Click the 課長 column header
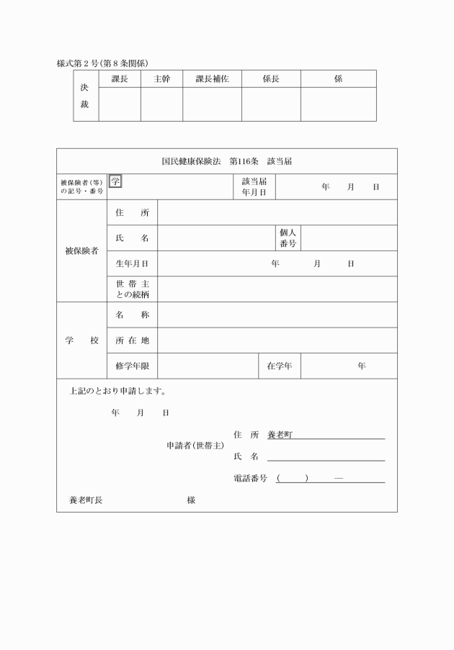(120, 79)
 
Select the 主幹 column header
(161, 79)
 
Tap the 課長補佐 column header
(212, 79)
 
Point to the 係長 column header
(271, 79)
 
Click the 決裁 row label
(85, 96)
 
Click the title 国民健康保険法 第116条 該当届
(226, 161)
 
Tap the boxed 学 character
(115, 181)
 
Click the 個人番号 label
(288, 238)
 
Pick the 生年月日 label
(132, 264)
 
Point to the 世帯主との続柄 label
(132, 289)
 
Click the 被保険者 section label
(81, 251)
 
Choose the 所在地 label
(132, 340)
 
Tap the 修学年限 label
(132, 366)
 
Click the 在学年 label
(280, 366)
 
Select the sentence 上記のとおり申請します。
(118, 392)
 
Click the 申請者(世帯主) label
(195, 446)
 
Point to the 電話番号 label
(250, 479)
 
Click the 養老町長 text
(86, 500)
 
